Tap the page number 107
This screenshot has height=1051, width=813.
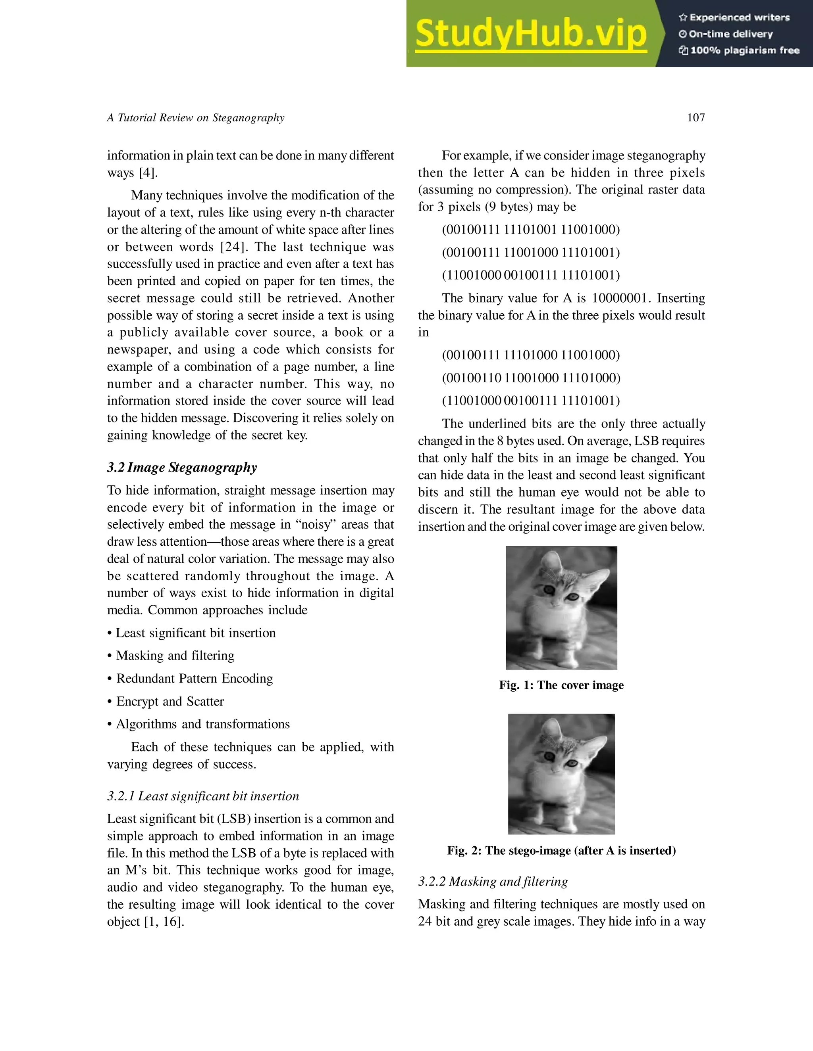tap(695, 118)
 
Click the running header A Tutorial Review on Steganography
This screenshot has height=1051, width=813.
tap(196, 118)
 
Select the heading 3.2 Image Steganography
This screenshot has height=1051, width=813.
tap(182, 467)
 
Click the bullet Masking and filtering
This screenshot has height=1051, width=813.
tap(175, 656)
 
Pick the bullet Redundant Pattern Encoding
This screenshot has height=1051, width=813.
tap(194, 678)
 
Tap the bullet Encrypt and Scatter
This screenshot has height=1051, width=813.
tap(170, 701)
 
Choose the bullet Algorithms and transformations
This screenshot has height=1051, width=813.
tap(202, 724)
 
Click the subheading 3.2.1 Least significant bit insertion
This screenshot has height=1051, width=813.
tap(203, 796)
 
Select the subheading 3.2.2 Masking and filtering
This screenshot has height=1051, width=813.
tap(493, 881)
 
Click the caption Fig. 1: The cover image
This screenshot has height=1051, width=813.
tap(561, 685)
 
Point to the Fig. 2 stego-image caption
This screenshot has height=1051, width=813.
tap(561, 850)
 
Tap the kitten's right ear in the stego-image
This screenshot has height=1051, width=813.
tap(597, 739)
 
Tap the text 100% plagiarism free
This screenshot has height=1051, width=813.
tap(745, 50)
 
